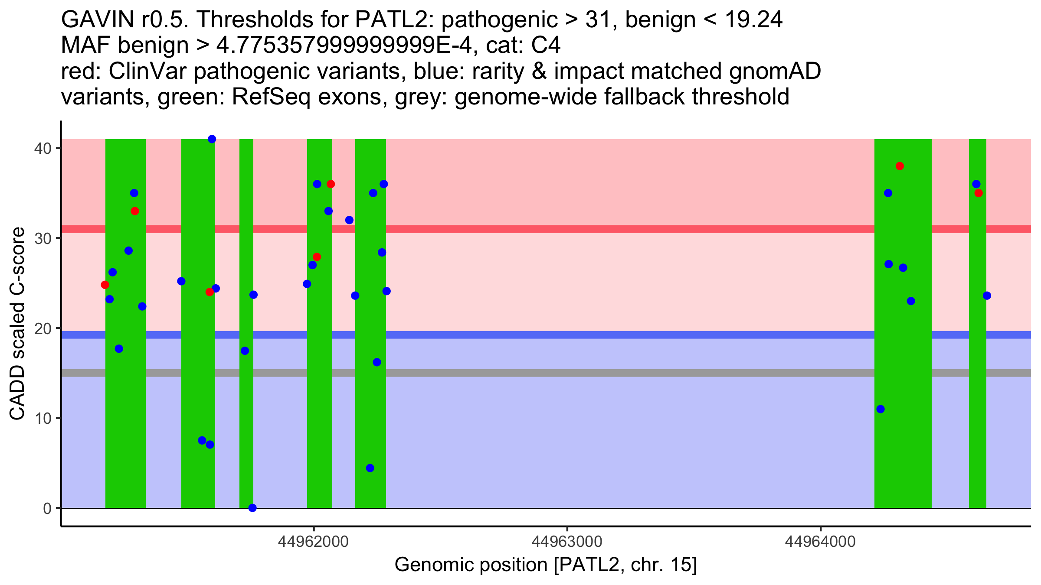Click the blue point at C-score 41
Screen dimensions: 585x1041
tap(212, 139)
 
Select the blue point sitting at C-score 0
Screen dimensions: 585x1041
tap(252, 508)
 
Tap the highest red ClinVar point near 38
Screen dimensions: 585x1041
tap(900, 166)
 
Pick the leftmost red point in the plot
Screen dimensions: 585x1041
tap(105, 285)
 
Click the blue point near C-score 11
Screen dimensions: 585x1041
tap(881, 409)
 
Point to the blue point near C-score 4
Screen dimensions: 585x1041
tap(370, 468)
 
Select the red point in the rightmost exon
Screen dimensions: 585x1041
tap(979, 193)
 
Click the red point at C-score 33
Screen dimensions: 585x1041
tap(135, 211)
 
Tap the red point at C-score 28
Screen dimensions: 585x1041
tap(317, 257)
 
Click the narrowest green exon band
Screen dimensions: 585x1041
tap(246, 390)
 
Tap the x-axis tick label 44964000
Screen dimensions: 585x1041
tap(820, 542)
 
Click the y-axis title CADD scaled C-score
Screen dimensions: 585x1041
tap(17, 325)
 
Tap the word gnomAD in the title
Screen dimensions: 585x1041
tap(775, 71)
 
